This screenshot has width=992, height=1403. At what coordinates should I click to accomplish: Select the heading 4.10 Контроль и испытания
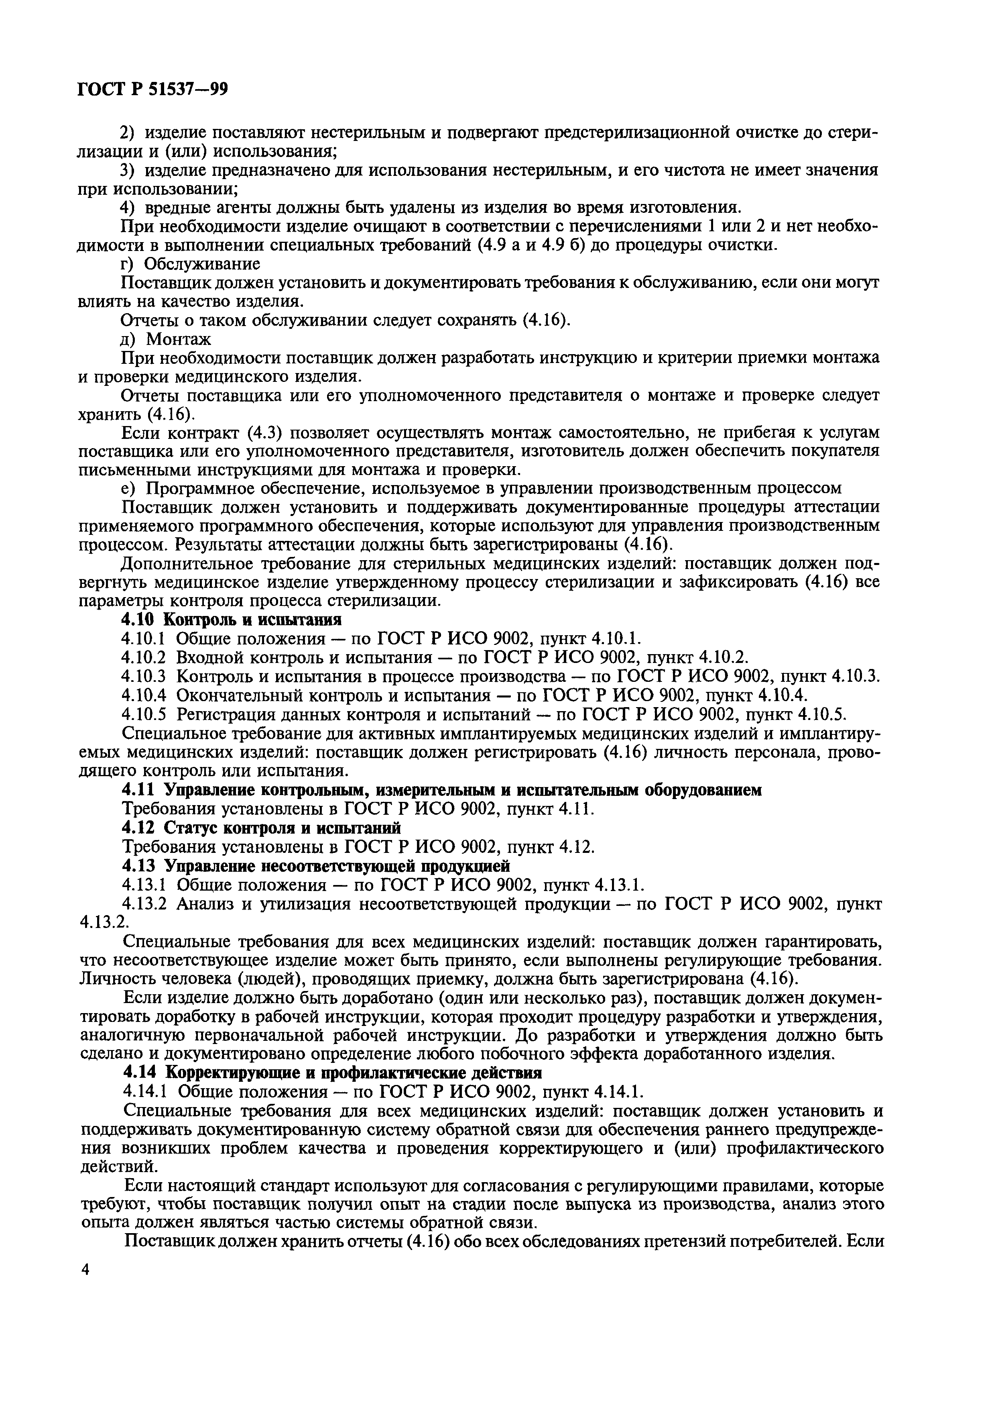click(231, 620)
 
